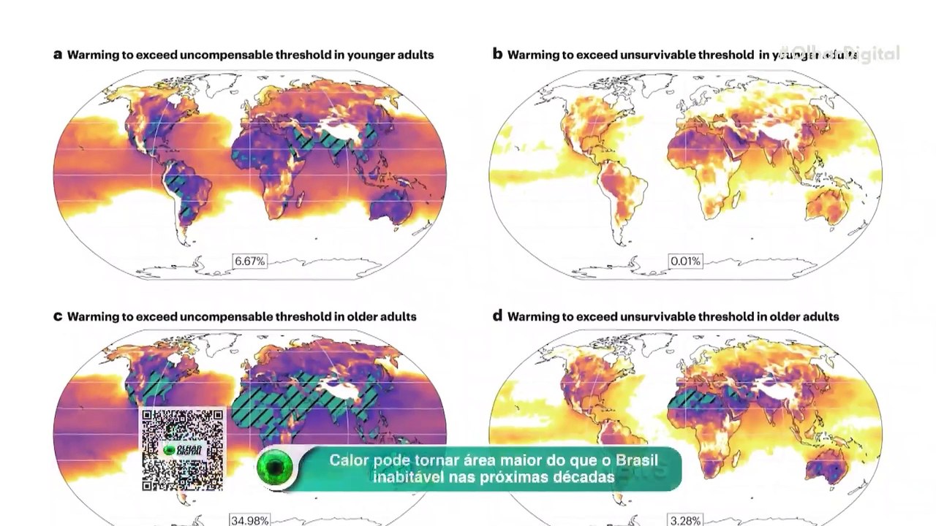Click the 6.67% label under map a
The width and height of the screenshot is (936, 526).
tap(249, 261)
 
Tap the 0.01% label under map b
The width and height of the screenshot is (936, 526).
tap(685, 261)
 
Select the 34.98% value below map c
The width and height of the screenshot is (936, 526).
tap(249, 520)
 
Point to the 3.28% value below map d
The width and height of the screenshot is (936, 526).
tap(685, 520)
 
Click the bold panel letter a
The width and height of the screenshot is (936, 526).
tap(58, 55)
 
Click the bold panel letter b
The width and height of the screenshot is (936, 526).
tap(497, 54)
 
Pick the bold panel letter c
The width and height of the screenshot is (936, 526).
tap(58, 316)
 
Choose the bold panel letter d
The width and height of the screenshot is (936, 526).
tap(497, 316)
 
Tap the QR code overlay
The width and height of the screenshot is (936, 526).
tap(182, 449)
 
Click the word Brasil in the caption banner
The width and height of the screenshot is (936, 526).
tap(635, 461)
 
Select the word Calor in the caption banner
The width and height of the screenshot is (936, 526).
tap(350, 461)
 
